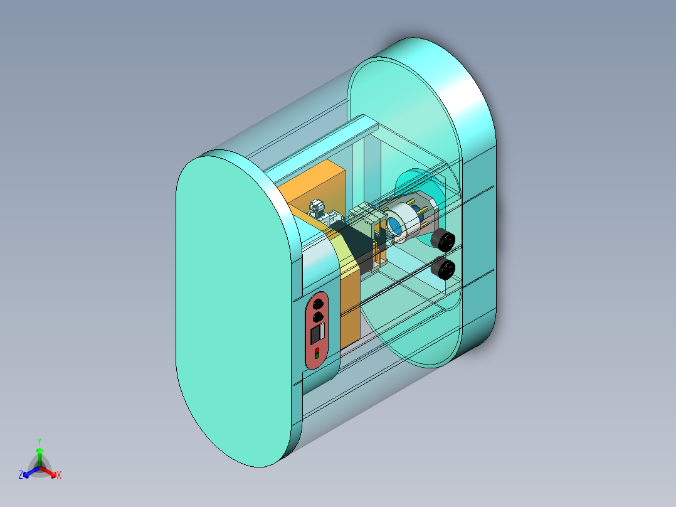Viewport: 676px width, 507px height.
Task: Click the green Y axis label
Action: (39, 441)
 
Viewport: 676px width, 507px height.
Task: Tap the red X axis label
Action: (59, 476)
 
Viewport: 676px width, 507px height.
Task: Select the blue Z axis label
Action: (21, 476)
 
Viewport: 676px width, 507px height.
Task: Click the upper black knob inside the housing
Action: (443, 240)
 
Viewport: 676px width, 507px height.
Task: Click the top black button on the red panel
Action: (318, 304)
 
